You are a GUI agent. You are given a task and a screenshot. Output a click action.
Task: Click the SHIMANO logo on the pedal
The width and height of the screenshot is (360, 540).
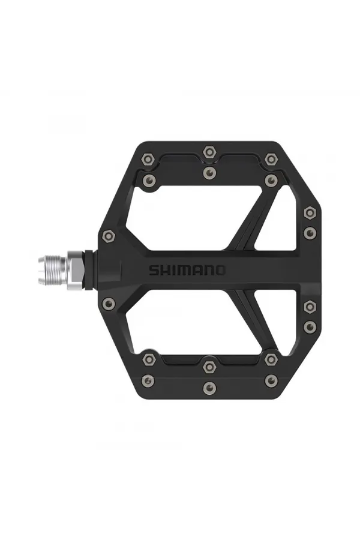[188, 270]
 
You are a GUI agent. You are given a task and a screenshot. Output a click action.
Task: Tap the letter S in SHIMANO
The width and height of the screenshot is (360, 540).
[154, 270]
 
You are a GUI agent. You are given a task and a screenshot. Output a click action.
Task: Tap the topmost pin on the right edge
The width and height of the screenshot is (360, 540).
[310, 212]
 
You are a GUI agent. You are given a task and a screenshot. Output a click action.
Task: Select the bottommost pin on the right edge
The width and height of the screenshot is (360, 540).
[310, 327]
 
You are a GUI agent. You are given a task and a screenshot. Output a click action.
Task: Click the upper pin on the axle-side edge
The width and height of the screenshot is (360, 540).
[109, 235]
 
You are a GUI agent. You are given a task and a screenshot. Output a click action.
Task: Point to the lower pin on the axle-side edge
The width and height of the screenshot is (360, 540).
[109, 304]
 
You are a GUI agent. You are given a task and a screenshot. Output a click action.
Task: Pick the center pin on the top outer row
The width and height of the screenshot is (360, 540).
[209, 152]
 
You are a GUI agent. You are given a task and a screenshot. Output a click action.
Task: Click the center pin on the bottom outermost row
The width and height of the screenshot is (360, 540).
[209, 388]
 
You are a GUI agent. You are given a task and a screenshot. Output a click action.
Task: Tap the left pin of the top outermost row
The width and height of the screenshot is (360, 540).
[148, 160]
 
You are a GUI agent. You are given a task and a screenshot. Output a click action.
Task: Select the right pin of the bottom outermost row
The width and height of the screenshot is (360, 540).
[271, 380]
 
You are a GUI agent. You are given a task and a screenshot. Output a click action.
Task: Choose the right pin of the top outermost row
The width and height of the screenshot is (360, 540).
[271, 160]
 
